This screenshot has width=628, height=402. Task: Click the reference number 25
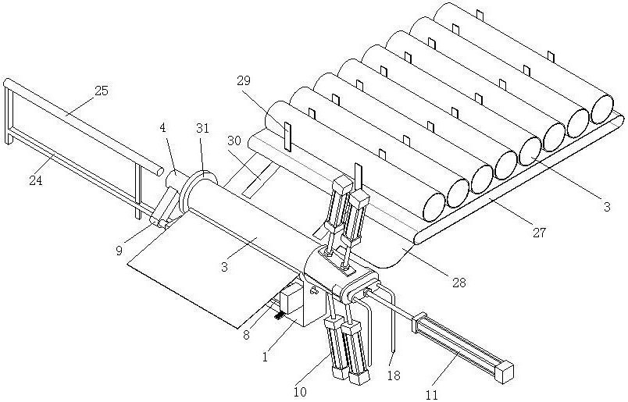point(102,91)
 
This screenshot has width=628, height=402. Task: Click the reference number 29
point(244,80)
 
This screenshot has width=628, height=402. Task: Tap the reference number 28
point(459,282)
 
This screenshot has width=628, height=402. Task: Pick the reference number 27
point(538,232)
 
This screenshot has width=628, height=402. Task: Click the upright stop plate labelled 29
point(287,137)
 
